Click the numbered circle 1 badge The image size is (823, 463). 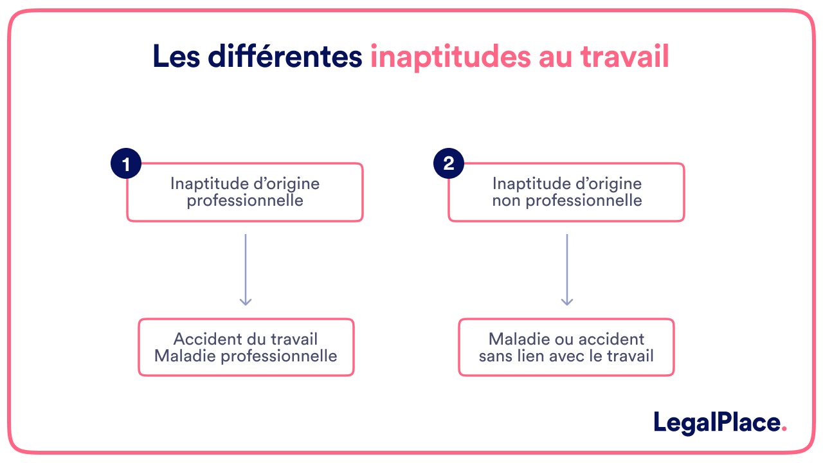pyautogui.click(x=126, y=163)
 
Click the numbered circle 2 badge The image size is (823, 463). pyautogui.click(x=449, y=163)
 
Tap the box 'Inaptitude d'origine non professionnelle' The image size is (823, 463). pyautogui.click(x=566, y=192)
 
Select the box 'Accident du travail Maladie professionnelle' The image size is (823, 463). pyautogui.click(x=246, y=347)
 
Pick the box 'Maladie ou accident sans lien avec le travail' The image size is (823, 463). pyautogui.click(x=566, y=347)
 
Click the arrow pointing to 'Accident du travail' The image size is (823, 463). pyautogui.click(x=246, y=269)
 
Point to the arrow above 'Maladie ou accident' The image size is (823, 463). pyautogui.click(x=566, y=269)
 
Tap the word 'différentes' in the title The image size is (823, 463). pyautogui.click(x=285, y=57)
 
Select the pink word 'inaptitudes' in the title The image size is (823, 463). pyautogui.click(x=448, y=57)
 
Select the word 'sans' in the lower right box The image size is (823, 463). pyautogui.click(x=496, y=356)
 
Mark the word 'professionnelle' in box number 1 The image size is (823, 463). pyautogui.click(x=245, y=201)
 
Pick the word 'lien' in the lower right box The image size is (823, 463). pyautogui.click(x=532, y=356)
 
